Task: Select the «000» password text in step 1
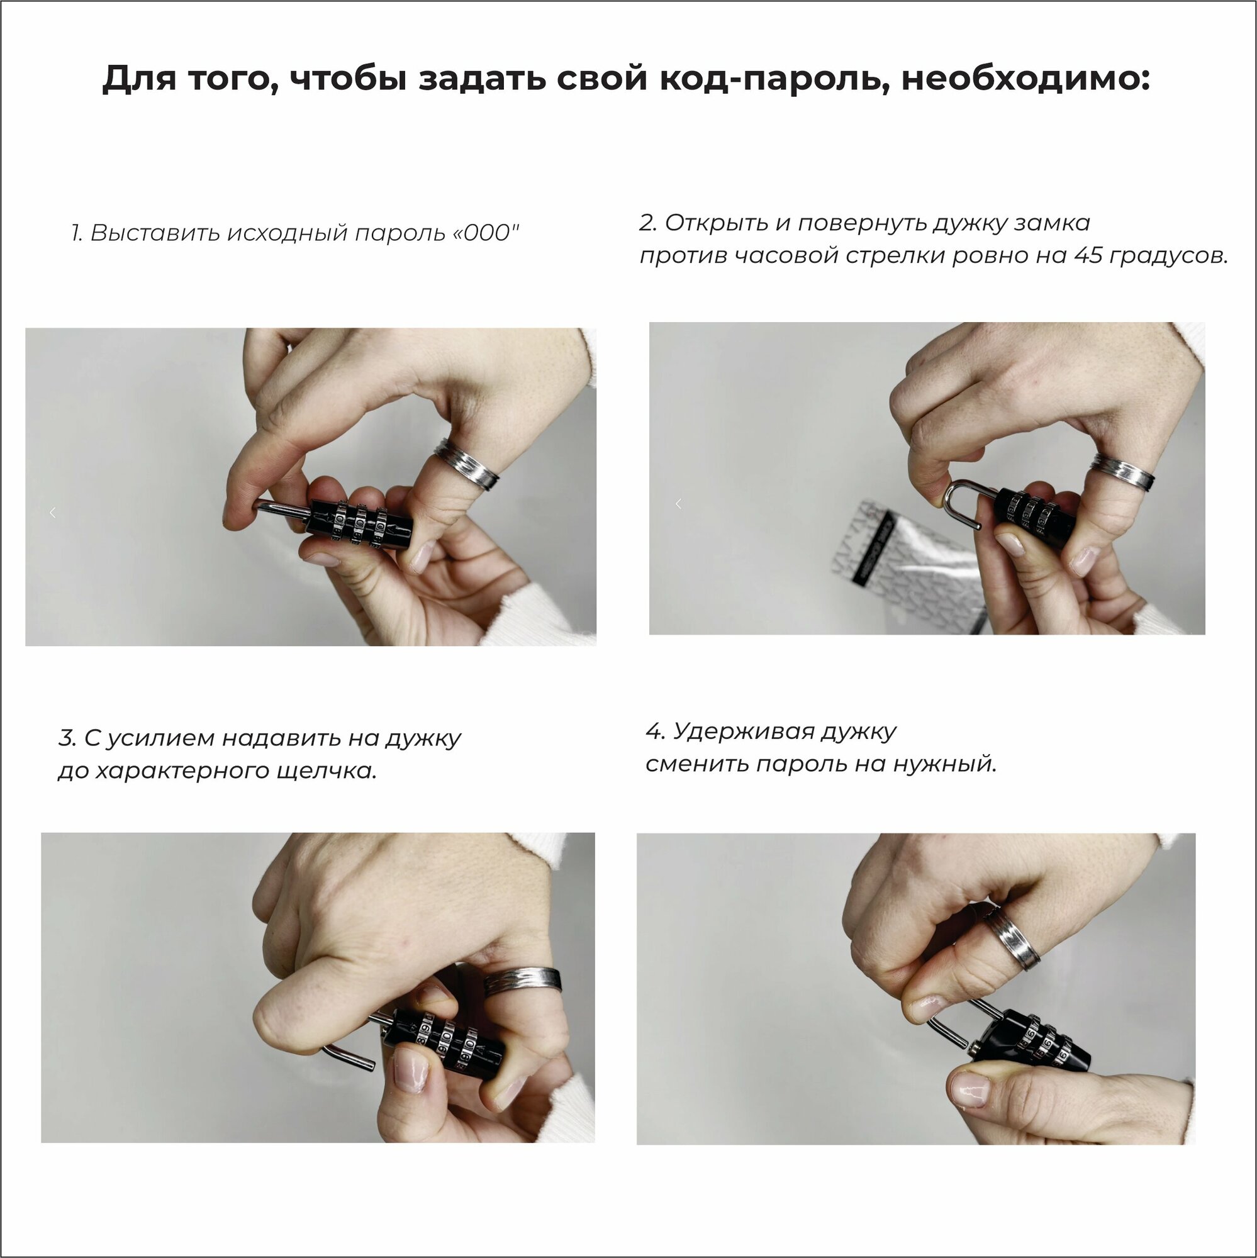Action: tap(483, 233)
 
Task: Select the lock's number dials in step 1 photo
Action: tap(358, 522)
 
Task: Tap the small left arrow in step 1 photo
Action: tap(52, 513)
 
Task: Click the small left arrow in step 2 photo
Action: tap(678, 503)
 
